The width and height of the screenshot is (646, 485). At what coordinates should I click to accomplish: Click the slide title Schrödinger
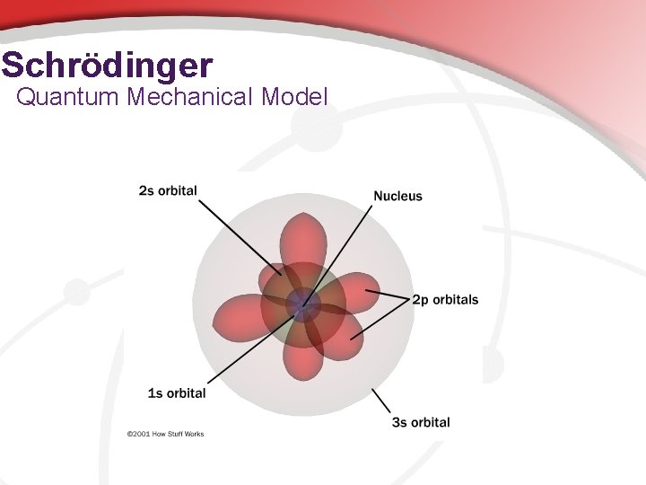(108, 66)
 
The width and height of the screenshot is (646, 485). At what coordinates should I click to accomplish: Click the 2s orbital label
(168, 190)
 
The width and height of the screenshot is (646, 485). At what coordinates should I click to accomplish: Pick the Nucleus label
(397, 196)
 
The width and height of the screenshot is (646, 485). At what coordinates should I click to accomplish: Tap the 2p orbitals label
(445, 300)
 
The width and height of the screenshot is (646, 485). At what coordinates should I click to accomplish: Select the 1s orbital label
(177, 392)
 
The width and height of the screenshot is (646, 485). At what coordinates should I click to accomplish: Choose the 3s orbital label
(421, 422)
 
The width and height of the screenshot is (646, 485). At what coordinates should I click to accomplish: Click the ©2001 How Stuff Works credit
(165, 434)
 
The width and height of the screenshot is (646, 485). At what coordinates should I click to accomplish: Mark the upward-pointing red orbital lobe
(303, 238)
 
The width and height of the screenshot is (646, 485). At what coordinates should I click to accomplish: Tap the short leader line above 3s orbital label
(381, 401)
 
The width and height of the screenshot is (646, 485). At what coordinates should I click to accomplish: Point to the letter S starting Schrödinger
(13, 66)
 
